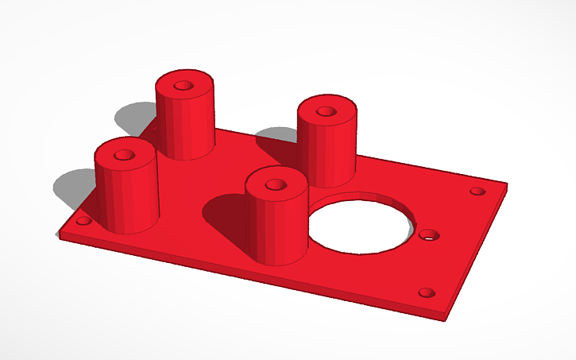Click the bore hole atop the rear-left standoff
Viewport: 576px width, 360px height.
click(184, 83)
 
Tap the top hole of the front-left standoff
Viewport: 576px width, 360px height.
click(125, 154)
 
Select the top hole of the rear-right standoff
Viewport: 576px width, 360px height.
click(326, 111)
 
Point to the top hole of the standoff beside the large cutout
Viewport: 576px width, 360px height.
click(275, 184)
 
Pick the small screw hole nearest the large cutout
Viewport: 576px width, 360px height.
click(427, 235)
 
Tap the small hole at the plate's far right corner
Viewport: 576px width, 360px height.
click(477, 192)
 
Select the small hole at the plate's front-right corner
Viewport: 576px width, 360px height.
click(426, 292)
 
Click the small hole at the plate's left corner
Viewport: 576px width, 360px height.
click(83, 222)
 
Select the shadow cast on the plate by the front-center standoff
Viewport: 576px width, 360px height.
click(226, 215)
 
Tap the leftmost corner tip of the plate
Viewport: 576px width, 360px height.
click(58, 235)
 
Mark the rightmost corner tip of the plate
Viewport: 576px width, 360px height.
click(506, 186)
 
